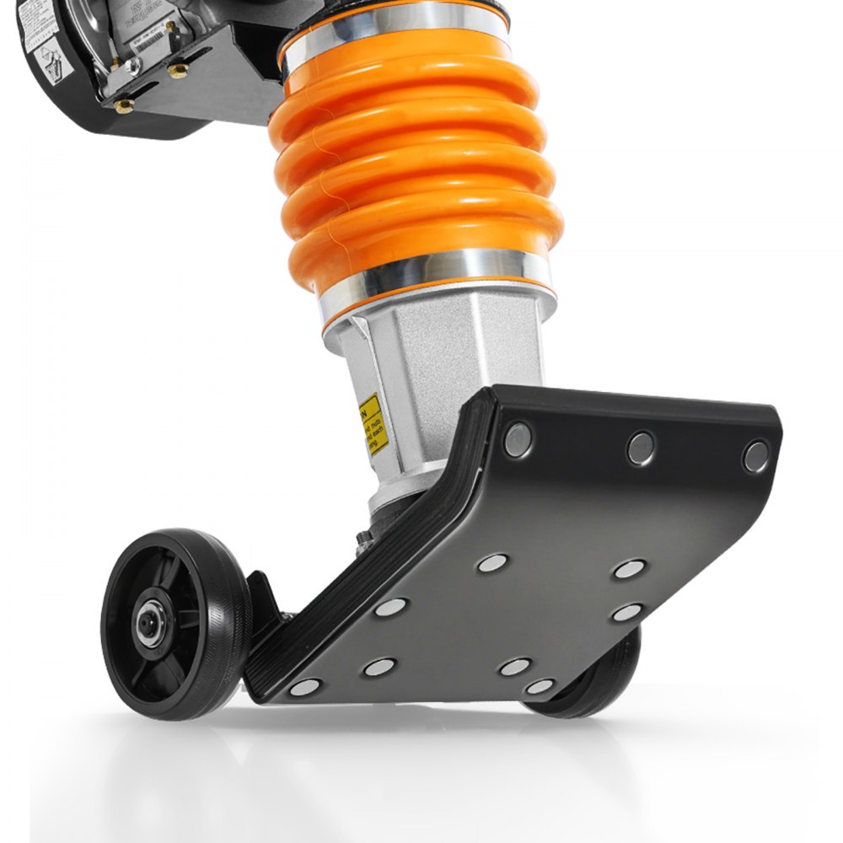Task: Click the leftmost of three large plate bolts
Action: tap(518, 439)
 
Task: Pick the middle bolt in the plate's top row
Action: tap(641, 448)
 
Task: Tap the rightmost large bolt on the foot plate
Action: tap(755, 456)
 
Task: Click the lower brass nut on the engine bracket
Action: tap(124, 105)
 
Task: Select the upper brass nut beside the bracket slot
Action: tap(178, 71)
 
